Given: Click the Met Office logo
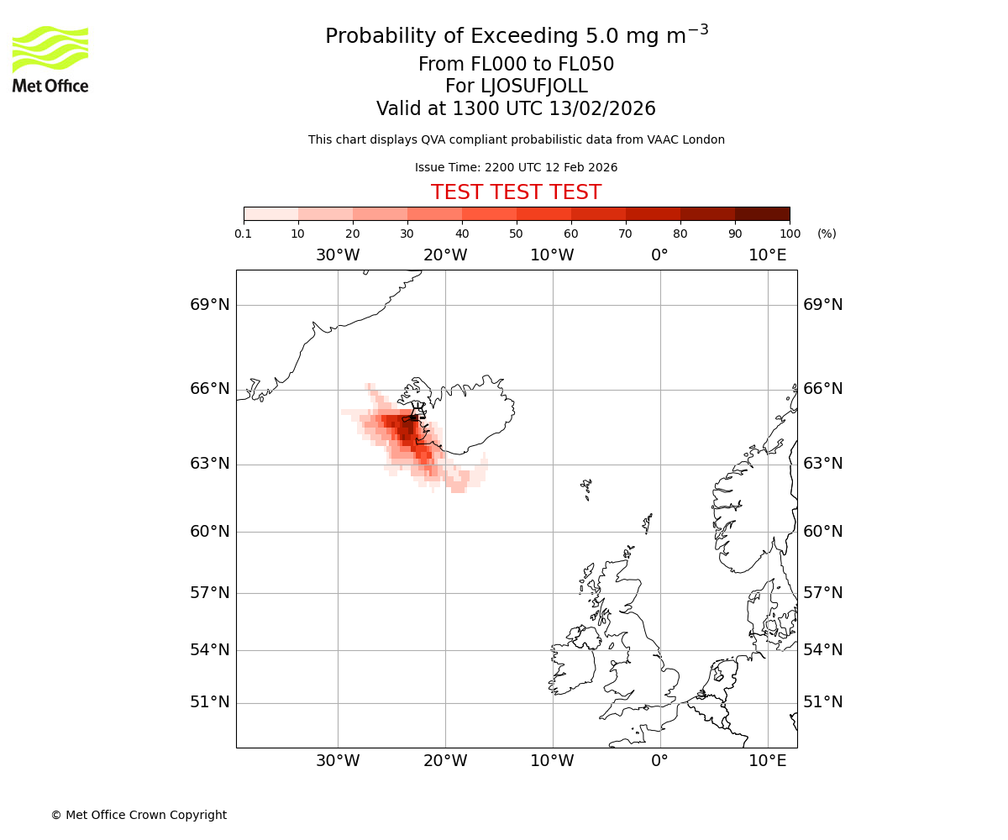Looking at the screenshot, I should (50, 59).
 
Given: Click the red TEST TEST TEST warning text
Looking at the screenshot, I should (516, 193).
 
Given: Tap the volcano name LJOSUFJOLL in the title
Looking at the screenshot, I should (516, 87).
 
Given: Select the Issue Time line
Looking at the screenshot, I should (516, 168).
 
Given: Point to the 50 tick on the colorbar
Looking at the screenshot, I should (516, 234).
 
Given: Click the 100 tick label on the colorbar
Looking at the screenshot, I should (790, 234).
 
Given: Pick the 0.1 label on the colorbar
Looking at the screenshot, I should (244, 234).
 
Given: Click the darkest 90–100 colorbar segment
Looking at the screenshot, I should (762, 213).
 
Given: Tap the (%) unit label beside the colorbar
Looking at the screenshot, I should (827, 234).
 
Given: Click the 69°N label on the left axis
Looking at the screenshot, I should (210, 305).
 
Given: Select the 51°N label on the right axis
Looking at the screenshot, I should (823, 702).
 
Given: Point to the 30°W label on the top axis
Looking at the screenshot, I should (338, 255).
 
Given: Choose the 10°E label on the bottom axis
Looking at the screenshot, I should (768, 761).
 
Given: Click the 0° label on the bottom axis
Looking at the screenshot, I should (660, 761).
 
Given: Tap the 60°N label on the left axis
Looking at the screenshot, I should (210, 532).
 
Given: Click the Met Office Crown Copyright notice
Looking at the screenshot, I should (139, 815).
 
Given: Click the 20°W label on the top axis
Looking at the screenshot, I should (445, 255).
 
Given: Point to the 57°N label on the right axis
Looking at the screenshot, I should (823, 593).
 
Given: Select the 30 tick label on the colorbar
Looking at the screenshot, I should (407, 234).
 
